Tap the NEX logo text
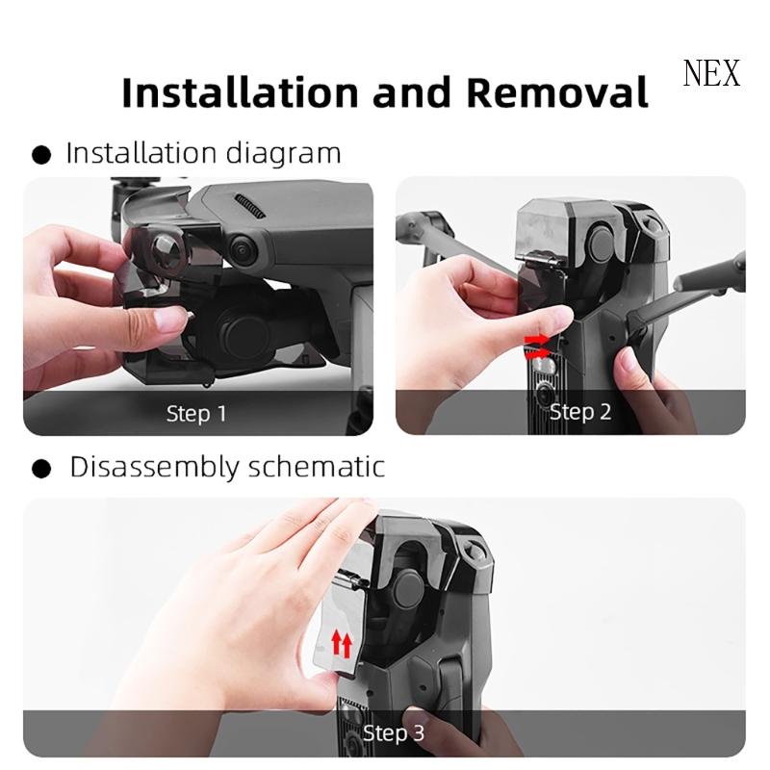pos(711,74)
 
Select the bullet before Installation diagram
pos(41,154)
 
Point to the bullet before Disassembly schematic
pos(41,469)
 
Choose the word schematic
pos(319,468)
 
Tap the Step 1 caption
pos(196,414)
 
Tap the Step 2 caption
pos(579,412)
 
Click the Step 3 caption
pos(393,732)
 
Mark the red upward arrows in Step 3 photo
pos(340,642)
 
